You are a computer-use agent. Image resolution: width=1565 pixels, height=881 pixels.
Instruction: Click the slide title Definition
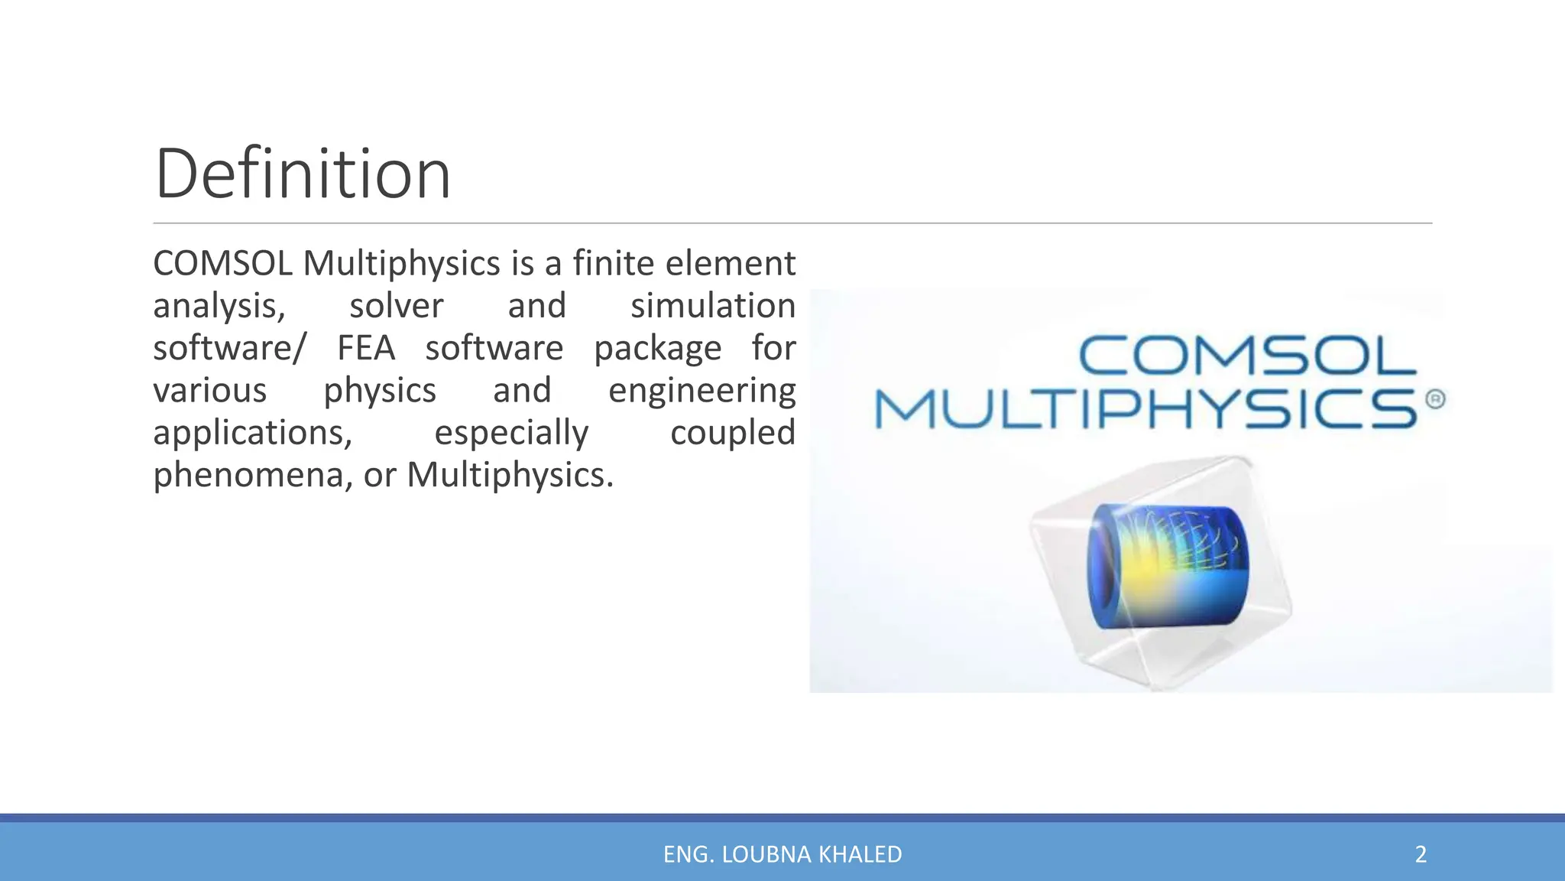click(303, 174)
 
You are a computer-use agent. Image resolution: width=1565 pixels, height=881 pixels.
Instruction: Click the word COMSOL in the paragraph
click(222, 264)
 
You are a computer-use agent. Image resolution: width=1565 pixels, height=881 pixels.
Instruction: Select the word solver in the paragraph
click(396, 306)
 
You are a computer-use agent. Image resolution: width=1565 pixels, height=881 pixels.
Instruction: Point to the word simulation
click(712, 306)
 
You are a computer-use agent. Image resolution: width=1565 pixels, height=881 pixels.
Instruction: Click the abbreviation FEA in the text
click(366, 349)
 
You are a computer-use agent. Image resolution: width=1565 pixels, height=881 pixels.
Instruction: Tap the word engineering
click(701, 392)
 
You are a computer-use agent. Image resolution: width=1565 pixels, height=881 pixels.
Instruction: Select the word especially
click(511, 434)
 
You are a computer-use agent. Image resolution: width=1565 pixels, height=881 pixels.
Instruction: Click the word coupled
click(732, 434)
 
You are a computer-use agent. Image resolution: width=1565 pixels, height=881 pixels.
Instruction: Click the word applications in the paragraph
click(252, 434)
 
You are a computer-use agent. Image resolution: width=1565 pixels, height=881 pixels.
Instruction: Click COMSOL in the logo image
click(1247, 356)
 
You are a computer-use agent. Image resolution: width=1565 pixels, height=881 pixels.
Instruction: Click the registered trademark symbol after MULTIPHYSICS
click(1435, 399)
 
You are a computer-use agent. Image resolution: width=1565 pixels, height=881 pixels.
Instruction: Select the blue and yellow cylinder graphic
click(1168, 566)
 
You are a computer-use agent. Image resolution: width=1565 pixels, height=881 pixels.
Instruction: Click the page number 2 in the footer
click(1421, 854)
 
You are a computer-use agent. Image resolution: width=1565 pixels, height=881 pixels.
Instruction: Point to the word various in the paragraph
click(209, 391)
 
